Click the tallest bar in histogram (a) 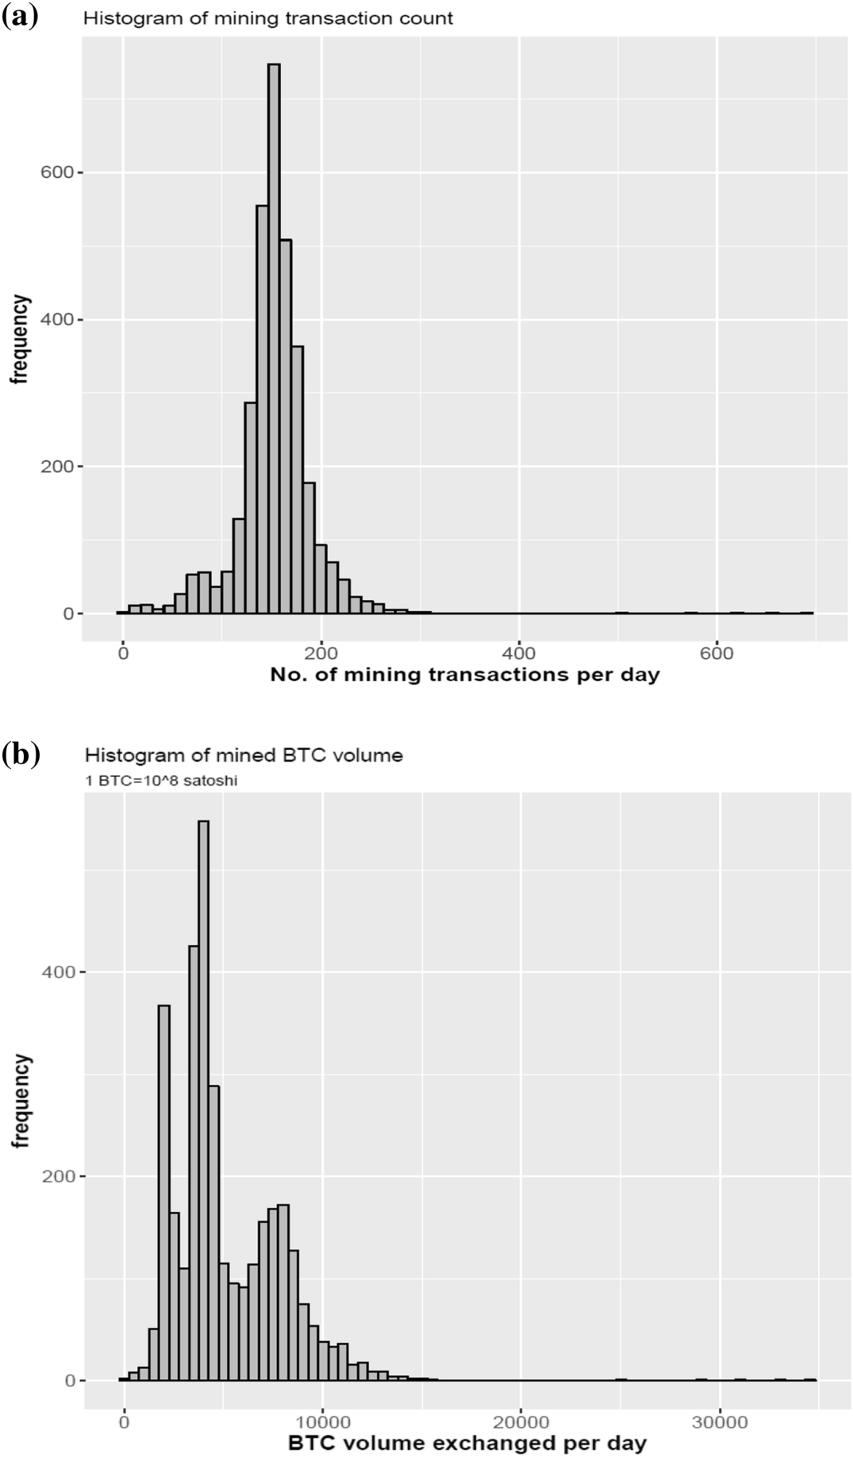274,341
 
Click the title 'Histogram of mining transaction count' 268,18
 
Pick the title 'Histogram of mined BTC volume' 244,755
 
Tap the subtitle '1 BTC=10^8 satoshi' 161,780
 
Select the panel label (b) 21,753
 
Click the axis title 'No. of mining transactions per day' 464,675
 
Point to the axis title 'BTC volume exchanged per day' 467,1443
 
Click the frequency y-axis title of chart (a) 20,340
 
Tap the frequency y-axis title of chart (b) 21,1101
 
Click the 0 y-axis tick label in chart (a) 69,613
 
